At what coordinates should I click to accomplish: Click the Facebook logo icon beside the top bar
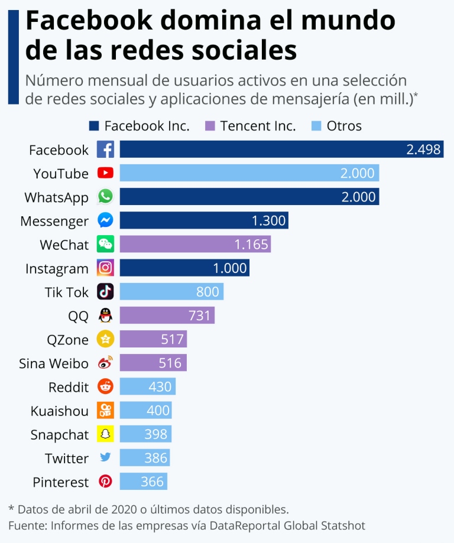point(105,149)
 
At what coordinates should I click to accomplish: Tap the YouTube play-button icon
point(105,173)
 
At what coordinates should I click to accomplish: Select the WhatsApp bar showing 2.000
point(249,197)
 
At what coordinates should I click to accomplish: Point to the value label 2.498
point(423,149)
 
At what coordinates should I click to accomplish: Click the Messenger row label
point(54,221)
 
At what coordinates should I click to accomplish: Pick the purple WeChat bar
point(195,244)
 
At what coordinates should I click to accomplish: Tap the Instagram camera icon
point(105,268)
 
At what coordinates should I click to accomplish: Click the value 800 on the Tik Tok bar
point(207,291)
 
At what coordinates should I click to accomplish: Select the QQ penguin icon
point(105,316)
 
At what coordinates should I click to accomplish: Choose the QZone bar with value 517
point(153,339)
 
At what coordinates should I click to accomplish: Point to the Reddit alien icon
point(105,386)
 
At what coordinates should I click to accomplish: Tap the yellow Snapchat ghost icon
point(105,434)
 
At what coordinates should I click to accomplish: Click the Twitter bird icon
point(105,457)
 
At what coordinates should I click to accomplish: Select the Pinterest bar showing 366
point(144,482)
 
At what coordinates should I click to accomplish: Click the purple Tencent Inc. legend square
point(209,126)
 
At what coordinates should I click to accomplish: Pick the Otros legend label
point(344,126)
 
